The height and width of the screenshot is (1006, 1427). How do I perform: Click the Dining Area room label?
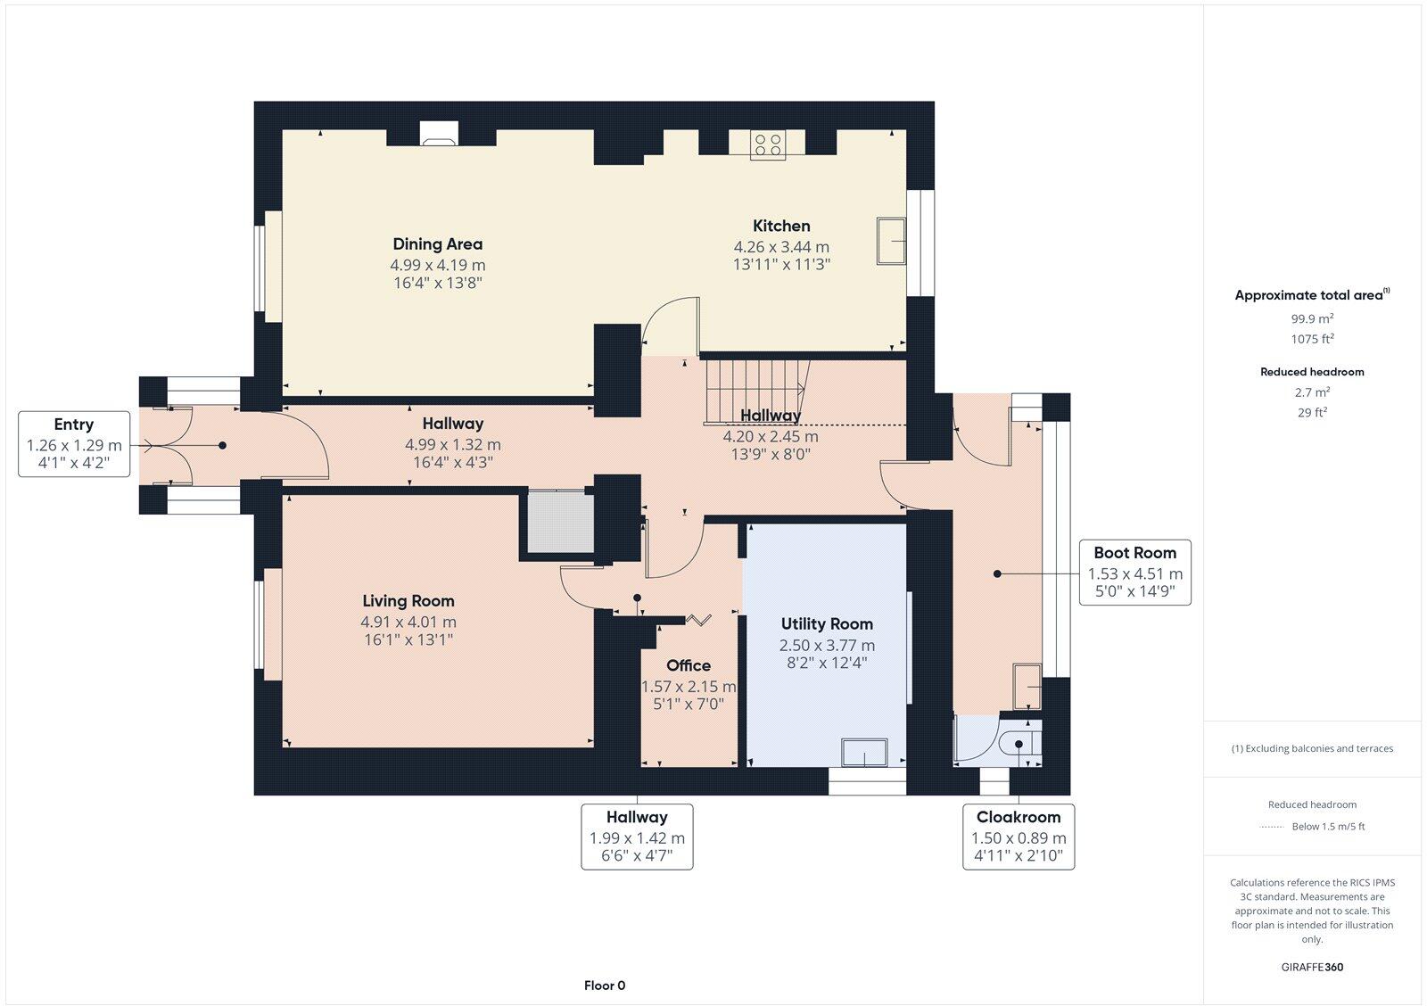(x=437, y=243)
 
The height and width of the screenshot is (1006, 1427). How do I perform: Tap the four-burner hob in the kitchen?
(x=767, y=144)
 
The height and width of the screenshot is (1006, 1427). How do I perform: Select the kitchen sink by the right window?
(x=891, y=240)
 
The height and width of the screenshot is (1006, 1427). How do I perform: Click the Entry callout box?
(x=74, y=444)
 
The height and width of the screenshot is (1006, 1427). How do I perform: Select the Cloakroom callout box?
(x=1019, y=837)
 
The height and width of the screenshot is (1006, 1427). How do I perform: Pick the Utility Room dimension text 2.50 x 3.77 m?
(x=827, y=645)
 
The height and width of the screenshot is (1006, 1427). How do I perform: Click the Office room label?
(x=689, y=665)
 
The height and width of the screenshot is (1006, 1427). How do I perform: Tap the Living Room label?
(x=408, y=601)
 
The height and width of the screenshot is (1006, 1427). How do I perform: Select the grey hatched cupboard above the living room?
(x=559, y=522)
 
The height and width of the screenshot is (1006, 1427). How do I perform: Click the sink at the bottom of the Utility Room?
(x=865, y=753)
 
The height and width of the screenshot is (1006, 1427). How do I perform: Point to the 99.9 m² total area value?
(x=1312, y=318)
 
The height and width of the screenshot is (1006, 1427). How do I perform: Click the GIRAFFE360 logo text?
(x=1312, y=967)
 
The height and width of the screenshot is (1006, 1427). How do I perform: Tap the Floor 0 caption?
(x=605, y=985)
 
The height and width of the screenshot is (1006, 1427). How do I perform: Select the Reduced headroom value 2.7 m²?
(x=1312, y=392)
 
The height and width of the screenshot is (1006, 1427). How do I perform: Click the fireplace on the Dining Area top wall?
(x=438, y=134)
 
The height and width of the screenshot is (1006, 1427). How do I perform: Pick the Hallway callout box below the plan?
(x=637, y=837)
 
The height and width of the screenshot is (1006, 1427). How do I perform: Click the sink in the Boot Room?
(x=1027, y=687)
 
